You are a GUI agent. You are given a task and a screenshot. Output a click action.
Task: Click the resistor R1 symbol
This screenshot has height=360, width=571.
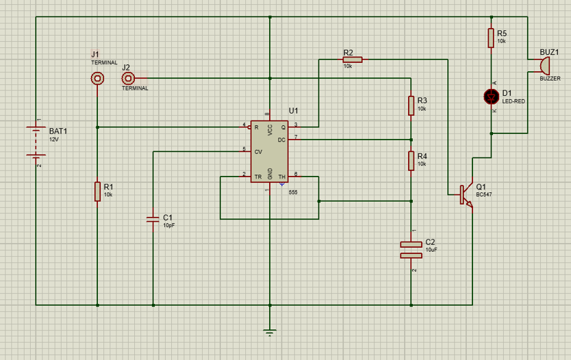(x=98, y=192)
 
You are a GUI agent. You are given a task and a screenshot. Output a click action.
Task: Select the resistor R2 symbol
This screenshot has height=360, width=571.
(x=352, y=60)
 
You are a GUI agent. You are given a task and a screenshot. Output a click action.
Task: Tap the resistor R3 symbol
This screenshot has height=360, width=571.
(x=411, y=105)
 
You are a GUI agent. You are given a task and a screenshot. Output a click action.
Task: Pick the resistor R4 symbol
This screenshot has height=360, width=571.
(x=411, y=161)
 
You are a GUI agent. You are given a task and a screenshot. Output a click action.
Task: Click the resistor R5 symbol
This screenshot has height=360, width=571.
(x=491, y=38)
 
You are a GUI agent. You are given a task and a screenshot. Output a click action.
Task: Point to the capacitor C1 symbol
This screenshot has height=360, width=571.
(x=153, y=219)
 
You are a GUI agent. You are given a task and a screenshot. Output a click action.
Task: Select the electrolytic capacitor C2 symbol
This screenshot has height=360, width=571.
(x=411, y=250)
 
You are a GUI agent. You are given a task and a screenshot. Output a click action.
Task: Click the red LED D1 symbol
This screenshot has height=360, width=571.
(x=491, y=97)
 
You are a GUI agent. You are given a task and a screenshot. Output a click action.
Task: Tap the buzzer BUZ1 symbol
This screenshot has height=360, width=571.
(x=544, y=66)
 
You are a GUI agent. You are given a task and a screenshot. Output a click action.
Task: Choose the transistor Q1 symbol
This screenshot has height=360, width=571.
(x=467, y=194)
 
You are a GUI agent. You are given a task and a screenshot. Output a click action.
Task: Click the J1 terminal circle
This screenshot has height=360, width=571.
(x=98, y=79)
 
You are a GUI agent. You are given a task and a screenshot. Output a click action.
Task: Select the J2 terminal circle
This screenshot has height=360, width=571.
(x=128, y=79)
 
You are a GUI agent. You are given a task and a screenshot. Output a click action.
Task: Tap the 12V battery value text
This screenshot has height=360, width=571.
(x=54, y=139)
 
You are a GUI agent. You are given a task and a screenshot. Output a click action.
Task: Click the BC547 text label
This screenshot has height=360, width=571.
(x=484, y=194)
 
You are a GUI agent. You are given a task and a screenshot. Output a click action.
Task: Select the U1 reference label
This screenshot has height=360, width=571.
(x=294, y=111)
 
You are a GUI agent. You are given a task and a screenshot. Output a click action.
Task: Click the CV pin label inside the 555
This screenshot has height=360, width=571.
(x=258, y=151)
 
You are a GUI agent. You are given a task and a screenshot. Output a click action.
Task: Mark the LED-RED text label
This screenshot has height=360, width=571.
(x=513, y=101)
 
